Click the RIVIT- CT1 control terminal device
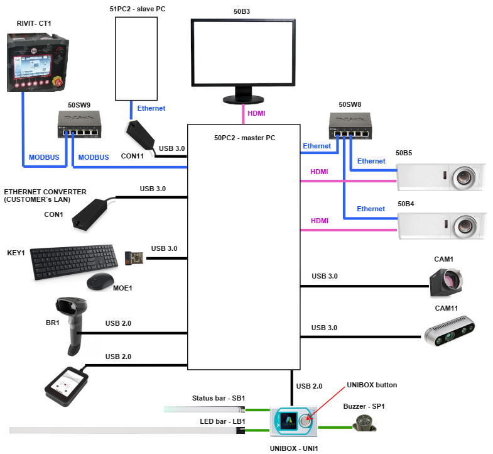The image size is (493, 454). [x=35, y=63]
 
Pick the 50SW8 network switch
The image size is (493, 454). [x=350, y=125]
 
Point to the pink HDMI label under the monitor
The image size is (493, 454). [x=256, y=113]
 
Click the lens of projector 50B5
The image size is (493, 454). [x=464, y=177]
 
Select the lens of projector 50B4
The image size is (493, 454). [x=464, y=225]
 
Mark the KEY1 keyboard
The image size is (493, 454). [x=74, y=263]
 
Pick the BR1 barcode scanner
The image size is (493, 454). [x=71, y=324]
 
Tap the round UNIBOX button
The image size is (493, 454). [x=305, y=422]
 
